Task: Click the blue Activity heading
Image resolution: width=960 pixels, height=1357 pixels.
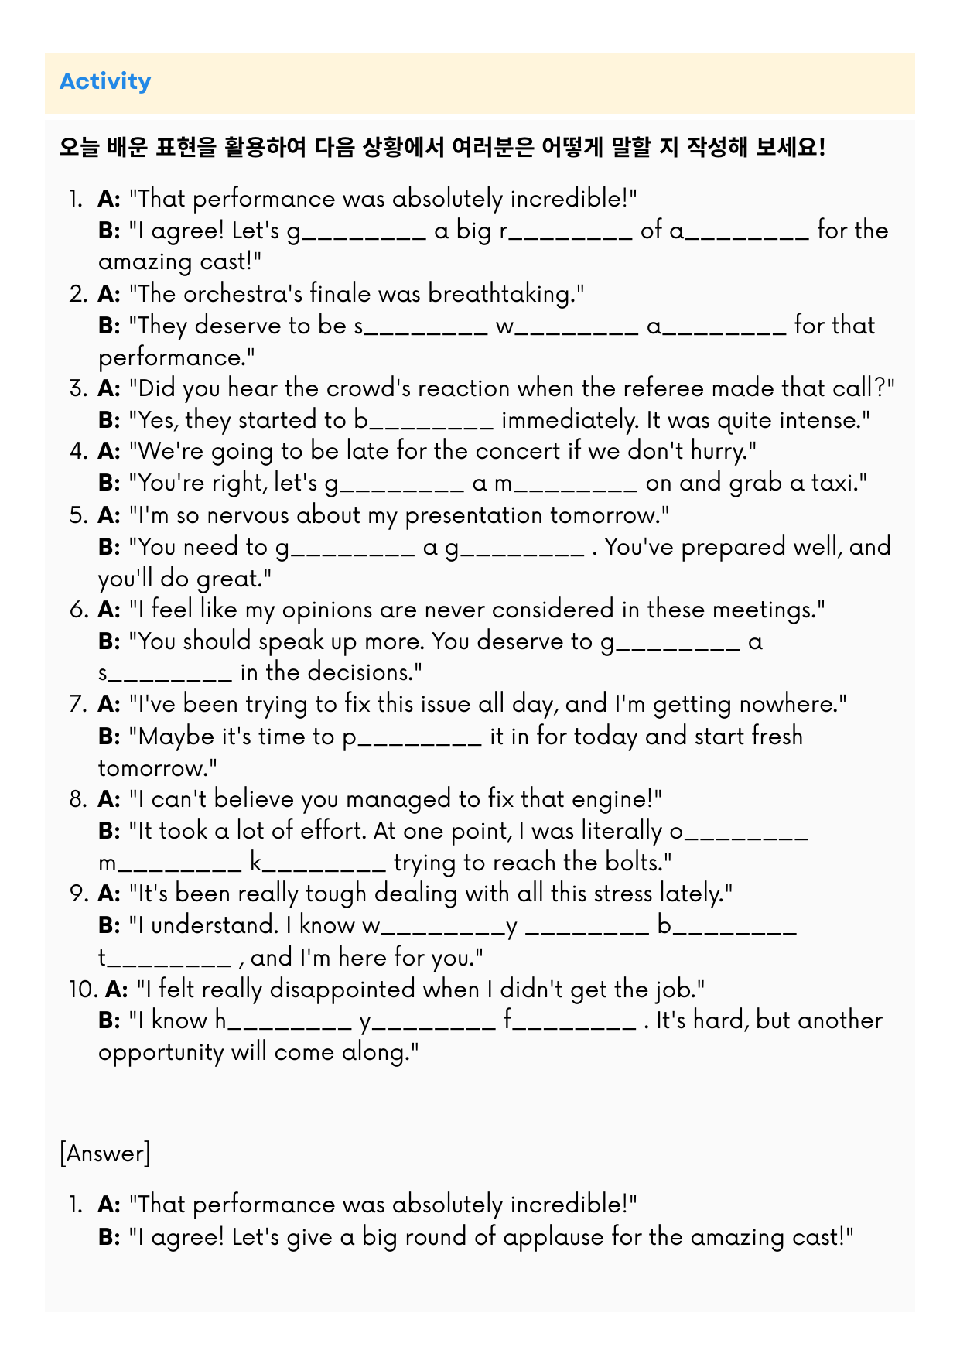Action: point(105,81)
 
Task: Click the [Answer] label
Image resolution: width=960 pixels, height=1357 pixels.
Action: point(104,1154)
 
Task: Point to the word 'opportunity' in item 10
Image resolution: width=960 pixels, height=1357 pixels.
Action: point(161,1053)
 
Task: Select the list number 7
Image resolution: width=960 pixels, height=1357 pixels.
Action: point(77,705)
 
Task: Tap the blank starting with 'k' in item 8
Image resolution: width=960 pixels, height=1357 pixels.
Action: point(318,863)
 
